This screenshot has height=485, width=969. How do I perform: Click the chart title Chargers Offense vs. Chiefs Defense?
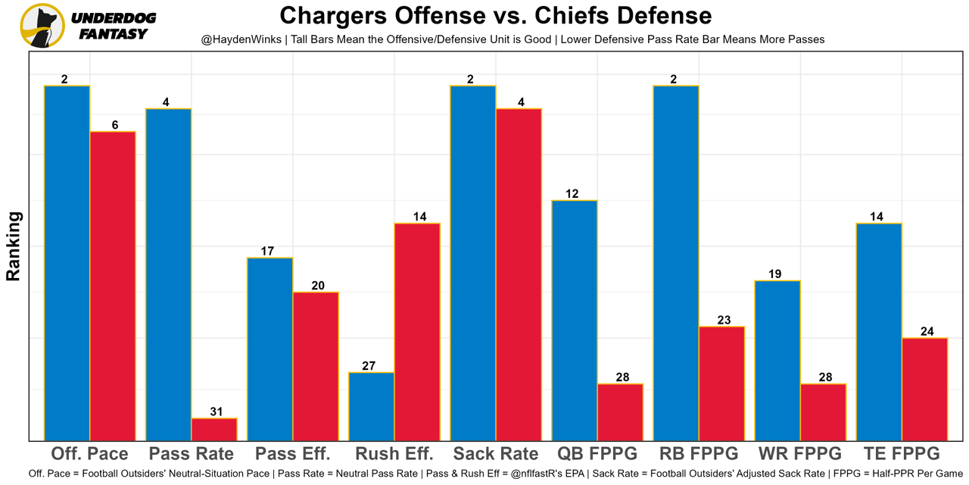point(495,16)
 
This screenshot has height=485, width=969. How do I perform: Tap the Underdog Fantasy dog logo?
point(41,25)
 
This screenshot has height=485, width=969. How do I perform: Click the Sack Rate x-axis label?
point(496,454)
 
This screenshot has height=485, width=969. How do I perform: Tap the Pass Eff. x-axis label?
point(293,454)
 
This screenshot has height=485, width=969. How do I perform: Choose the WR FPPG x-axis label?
point(800,454)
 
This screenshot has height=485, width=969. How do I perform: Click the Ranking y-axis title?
point(14,246)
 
